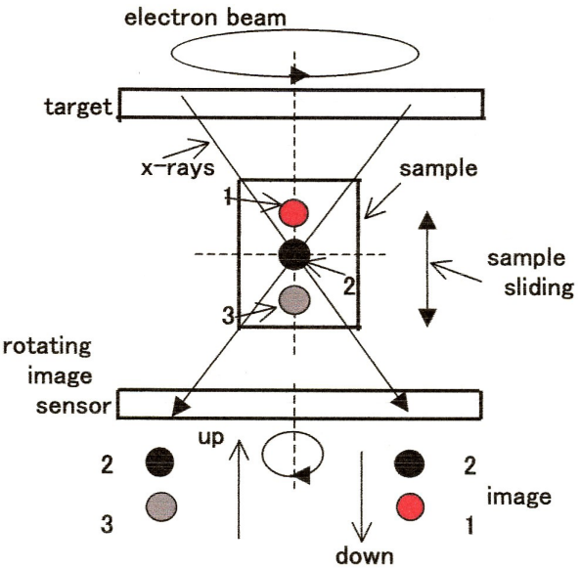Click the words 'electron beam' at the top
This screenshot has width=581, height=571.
(x=204, y=18)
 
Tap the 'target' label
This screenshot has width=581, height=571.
(x=78, y=107)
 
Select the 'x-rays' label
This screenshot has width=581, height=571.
(x=177, y=168)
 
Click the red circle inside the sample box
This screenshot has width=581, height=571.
(x=293, y=213)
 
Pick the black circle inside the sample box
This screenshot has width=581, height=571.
(x=293, y=254)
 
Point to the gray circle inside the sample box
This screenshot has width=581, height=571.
(x=294, y=300)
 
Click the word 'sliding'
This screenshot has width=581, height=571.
(x=539, y=287)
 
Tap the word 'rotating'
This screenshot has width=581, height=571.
(x=47, y=347)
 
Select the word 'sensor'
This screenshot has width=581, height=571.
(x=73, y=406)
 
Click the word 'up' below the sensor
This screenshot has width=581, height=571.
(x=211, y=438)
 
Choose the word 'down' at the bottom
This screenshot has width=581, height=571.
(x=364, y=555)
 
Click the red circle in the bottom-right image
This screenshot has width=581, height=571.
(x=410, y=506)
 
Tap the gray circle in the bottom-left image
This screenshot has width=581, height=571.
(x=160, y=506)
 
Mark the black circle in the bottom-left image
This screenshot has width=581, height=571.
(x=159, y=461)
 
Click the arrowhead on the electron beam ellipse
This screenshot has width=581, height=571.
(x=299, y=75)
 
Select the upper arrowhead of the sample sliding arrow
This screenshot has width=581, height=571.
(x=427, y=220)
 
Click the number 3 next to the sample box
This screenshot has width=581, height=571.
(x=228, y=316)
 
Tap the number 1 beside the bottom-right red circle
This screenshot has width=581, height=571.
(x=469, y=525)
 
